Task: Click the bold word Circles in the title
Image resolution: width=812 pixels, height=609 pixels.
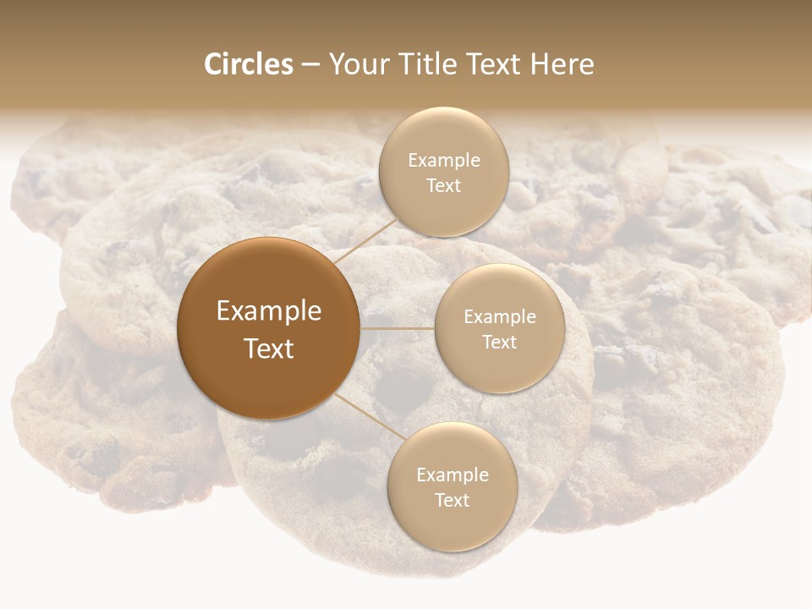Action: [x=249, y=64]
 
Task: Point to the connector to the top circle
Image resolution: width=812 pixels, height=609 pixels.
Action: [x=364, y=241]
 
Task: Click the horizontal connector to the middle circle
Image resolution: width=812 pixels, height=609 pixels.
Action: [x=398, y=328]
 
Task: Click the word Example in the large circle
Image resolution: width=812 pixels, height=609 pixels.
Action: [x=269, y=311]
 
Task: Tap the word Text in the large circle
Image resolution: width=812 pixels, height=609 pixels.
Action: [x=269, y=348]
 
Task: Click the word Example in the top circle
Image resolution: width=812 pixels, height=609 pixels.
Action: [x=444, y=161]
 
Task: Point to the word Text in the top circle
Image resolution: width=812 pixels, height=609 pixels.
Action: [x=444, y=186]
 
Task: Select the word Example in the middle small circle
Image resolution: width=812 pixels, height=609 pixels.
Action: [x=500, y=317]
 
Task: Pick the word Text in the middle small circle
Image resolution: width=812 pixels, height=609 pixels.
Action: [x=500, y=342]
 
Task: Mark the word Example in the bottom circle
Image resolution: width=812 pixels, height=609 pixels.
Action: [x=453, y=475]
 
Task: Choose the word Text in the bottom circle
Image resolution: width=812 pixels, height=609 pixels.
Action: [x=453, y=501]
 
